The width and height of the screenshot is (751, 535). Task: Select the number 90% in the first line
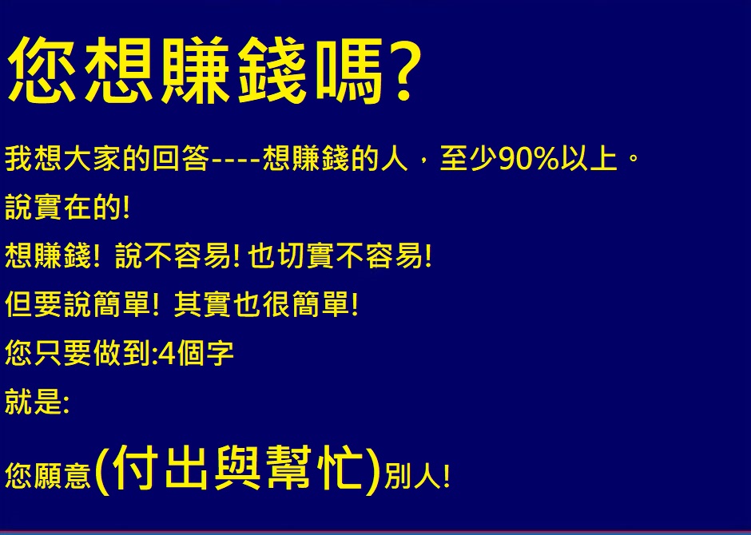point(529,159)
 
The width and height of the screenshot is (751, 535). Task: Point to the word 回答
point(181,159)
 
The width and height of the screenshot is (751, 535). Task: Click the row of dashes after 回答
point(236,160)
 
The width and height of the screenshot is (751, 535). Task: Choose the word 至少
point(468,159)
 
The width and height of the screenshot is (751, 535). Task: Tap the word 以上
point(588,159)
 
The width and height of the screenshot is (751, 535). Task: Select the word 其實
point(203,304)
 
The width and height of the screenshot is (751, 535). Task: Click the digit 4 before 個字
point(168,354)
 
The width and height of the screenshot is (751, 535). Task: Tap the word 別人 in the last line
point(412,476)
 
